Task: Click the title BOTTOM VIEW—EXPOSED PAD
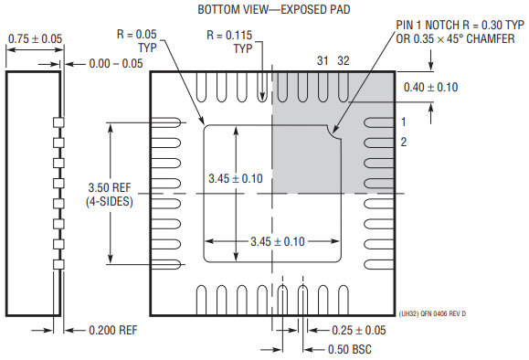click(x=273, y=9)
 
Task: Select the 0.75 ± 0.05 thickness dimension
click(x=35, y=38)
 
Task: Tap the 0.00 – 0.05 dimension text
click(x=116, y=63)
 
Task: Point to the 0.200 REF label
click(x=113, y=330)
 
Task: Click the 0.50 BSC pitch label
click(x=350, y=350)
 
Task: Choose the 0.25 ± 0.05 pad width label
click(x=359, y=331)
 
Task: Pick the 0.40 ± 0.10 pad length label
click(x=431, y=88)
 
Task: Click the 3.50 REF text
click(x=110, y=187)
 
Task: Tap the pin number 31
click(x=323, y=60)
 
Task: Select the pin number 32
click(x=344, y=60)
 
